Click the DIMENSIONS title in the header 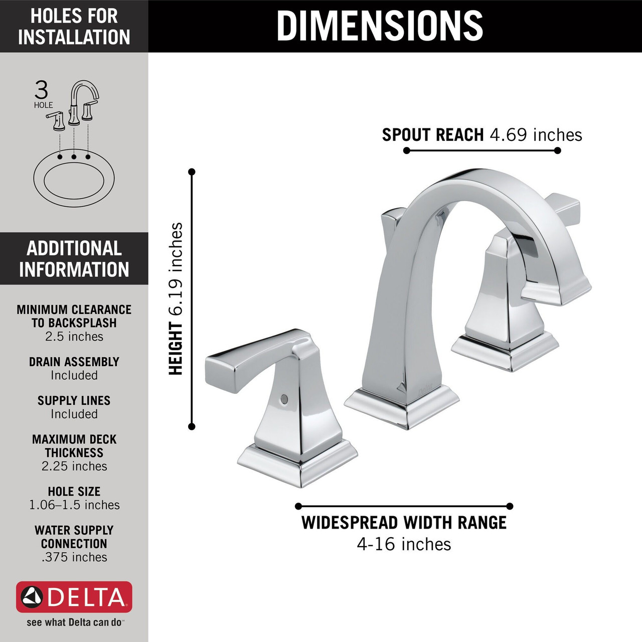click(x=380, y=26)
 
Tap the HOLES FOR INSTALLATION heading click(x=74, y=27)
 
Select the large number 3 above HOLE click(x=41, y=90)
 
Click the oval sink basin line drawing click(x=74, y=179)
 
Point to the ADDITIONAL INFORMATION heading click(x=74, y=259)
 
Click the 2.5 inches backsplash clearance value click(x=74, y=337)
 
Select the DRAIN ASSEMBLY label click(x=74, y=362)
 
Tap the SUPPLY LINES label click(x=74, y=400)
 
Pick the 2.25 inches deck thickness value click(x=74, y=466)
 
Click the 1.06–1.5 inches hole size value click(x=74, y=505)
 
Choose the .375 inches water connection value click(x=74, y=557)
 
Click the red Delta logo click(x=74, y=597)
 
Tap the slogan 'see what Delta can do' click(x=74, y=622)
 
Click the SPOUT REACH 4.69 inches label click(x=481, y=135)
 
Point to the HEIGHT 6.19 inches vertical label click(x=176, y=299)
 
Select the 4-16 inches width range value click(x=404, y=544)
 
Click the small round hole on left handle click(x=284, y=399)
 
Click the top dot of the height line click(x=192, y=172)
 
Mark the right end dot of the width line click(x=510, y=506)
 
